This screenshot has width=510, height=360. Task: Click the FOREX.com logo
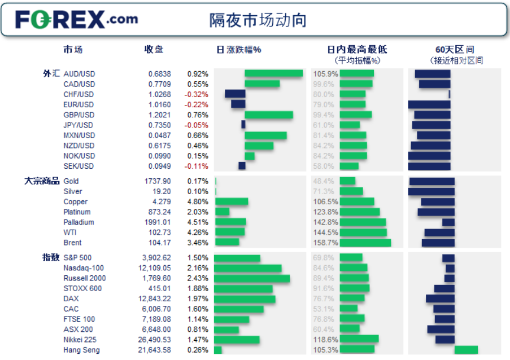pos(76,20)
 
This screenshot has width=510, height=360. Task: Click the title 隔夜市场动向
pos(258,20)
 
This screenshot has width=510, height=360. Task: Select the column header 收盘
pos(154,50)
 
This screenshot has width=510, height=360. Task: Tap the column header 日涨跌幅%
pos(239,50)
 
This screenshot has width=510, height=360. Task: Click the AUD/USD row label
pos(79,74)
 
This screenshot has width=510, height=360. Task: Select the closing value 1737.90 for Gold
pos(158,181)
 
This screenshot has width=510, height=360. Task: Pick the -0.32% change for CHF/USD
pos(198,94)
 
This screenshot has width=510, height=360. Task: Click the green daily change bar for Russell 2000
pos(252,278)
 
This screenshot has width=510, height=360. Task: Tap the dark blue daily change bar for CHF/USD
pos(235,94)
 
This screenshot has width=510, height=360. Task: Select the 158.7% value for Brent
pos(324,243)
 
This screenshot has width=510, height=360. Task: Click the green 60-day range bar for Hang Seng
pos(466,350)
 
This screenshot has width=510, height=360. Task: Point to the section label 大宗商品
pos(41,181)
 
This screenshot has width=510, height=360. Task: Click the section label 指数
pos(51,257)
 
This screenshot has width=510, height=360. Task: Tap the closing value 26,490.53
pos(154,340)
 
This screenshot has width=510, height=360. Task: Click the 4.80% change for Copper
pos(198,201)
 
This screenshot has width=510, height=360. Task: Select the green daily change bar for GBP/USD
pos(268,115)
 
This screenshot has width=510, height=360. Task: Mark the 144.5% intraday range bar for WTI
pos(363,232)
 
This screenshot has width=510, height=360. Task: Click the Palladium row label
pos(79,222)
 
